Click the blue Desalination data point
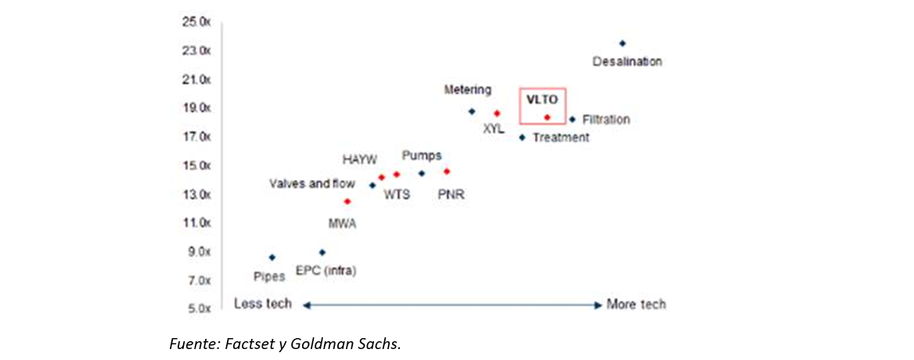[622, 43]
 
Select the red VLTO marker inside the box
[547, 117]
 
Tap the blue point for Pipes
[272, 257]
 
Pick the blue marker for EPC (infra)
[322, 252]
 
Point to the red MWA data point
[347, 201]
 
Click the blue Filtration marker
[572, 119]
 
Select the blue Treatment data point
[522, 137]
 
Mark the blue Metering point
[471, 111]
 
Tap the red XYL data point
[497, 113]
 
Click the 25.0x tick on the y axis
[196, 22]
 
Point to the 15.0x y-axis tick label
[196, 166]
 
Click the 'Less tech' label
[263, 304]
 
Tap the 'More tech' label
[636, 304]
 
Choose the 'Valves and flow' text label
[311, 184]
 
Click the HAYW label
[361, 160]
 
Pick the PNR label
[452, 194]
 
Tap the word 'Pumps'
[422, 155]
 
